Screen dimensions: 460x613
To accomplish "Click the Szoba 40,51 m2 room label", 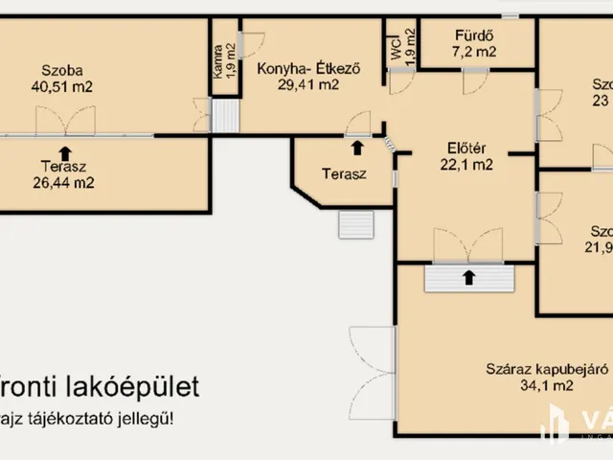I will tap(61, 78).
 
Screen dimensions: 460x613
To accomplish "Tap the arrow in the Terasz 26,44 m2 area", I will tap(65, 151).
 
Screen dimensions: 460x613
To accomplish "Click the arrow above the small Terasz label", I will tap(357, 148).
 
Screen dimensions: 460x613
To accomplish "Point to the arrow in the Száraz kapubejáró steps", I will tap(468, 278).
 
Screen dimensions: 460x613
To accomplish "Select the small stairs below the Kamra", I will tap(224, 117).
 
